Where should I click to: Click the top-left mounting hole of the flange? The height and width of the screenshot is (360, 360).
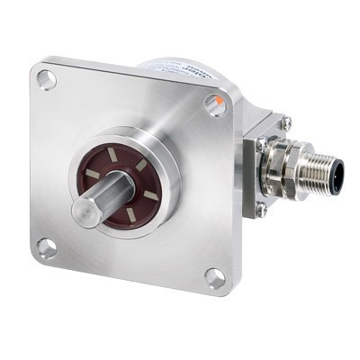click(47, 79)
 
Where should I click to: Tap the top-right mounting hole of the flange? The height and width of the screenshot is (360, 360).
click(214, 106)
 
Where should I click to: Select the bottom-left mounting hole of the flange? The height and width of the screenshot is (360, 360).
click(46, 246)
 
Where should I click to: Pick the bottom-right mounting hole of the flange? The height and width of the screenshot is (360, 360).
click(214, 276)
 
